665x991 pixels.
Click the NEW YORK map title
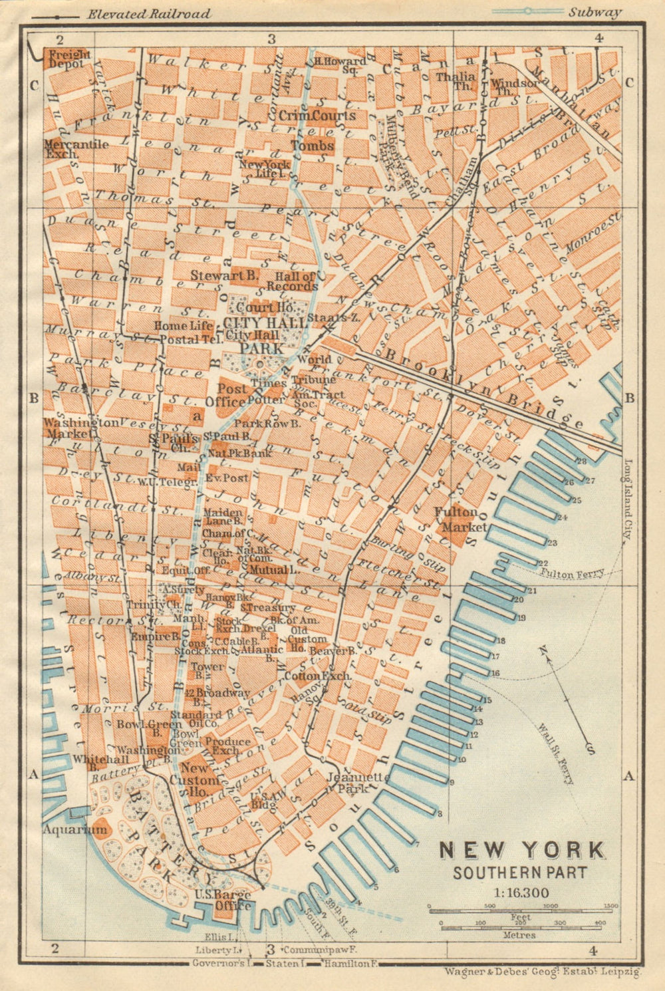point(521,849)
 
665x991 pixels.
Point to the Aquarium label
point(66,829)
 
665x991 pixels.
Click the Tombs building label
point(312,146)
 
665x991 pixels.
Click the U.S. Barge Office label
point(223,899)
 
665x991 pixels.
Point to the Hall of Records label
point(291,281)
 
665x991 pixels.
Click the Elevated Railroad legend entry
point(148,13)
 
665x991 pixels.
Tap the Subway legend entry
point(595,12)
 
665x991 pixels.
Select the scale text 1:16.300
point(521,892)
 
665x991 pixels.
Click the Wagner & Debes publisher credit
point(541,972)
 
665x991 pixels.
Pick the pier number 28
point(582,461)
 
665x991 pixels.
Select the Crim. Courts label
point(317,116)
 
